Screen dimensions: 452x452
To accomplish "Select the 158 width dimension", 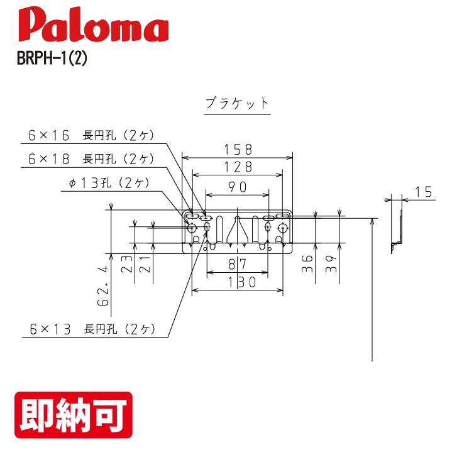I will pos(237,149).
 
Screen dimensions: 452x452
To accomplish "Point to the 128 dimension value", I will pos(237,167).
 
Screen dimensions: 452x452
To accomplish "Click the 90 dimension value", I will pos(237,186).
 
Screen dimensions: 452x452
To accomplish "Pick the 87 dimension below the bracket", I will pos(237,263).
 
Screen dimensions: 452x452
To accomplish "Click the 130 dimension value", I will pos(237,282).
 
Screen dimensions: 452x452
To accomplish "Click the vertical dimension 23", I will pos(126,264).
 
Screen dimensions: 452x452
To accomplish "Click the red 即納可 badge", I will pos(73,415).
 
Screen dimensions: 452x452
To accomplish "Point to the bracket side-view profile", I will pos(396,223).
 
